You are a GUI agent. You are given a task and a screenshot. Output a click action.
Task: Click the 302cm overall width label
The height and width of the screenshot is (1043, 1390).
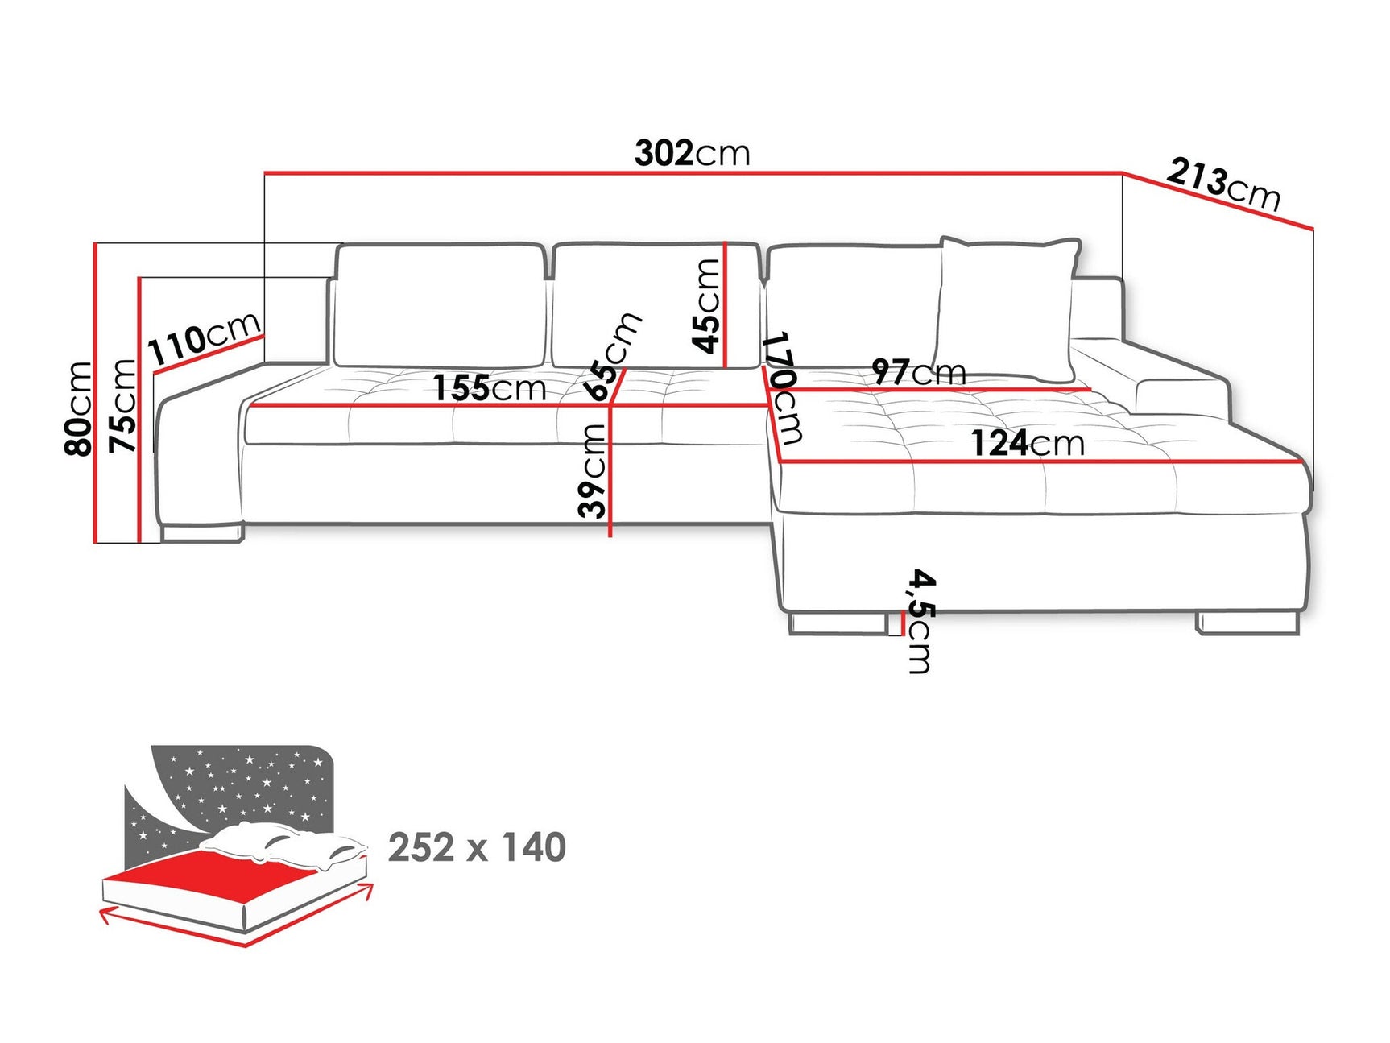coord(692,153)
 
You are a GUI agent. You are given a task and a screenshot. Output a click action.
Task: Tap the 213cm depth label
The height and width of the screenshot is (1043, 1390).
coord(1222,184)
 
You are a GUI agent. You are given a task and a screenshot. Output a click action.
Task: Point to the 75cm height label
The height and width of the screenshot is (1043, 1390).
coord(123,405)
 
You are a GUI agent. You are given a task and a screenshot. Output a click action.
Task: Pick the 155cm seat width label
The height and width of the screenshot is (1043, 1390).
coord(490,388)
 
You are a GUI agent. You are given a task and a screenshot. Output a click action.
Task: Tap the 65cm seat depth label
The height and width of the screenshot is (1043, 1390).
coord(614,356)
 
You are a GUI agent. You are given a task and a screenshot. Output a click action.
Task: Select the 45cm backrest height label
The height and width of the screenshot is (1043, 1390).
coord(706,306)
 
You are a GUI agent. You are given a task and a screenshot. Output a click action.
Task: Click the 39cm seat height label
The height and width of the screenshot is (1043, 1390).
coord(593,470)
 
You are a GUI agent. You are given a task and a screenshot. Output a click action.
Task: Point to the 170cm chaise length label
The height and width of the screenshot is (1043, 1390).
coord(781,387)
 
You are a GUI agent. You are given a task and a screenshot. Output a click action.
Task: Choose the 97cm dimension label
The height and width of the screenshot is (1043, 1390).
coord(919,372)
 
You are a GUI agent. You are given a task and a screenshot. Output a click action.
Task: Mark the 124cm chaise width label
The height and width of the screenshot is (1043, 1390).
coord(1028,444)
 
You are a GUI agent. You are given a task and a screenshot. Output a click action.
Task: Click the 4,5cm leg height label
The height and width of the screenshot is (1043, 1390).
coord(920,620)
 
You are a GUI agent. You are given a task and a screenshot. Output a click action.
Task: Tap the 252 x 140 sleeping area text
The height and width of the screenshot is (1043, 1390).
coord(477,848)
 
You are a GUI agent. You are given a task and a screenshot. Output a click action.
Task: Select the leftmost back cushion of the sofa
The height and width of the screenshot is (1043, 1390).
coord(440,304)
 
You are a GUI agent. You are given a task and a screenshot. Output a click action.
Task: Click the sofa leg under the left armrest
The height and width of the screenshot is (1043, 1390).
coord(201,532)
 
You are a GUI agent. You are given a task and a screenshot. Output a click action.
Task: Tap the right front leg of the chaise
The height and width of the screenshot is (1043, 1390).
coord(1247,623)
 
